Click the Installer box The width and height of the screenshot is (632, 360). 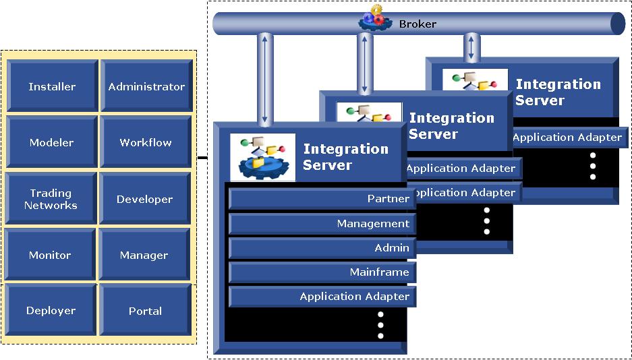[52, 86]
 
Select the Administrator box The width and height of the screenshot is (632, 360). [146, 86]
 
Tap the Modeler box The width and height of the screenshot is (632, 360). [52, 142]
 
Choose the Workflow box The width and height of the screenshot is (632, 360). [146, 142]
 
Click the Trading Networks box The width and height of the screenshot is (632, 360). [51, 199]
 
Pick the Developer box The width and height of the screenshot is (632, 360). [144, 199]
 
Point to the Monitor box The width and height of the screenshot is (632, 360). [50, 255]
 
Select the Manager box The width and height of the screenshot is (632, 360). [144, 255]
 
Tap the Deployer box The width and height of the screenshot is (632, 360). [51, 311]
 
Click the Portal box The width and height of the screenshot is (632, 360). [145, 311]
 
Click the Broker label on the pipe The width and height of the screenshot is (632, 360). [418, 24]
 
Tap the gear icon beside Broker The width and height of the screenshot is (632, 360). [373, 18]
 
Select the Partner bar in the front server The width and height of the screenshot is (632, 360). [321, 199]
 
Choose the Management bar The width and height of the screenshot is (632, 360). [321, 223]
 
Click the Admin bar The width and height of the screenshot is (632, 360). [321, 247]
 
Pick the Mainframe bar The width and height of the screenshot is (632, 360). [321, 272]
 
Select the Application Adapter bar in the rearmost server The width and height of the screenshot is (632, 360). [569, 138]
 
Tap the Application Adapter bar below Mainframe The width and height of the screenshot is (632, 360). [321, 296]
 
